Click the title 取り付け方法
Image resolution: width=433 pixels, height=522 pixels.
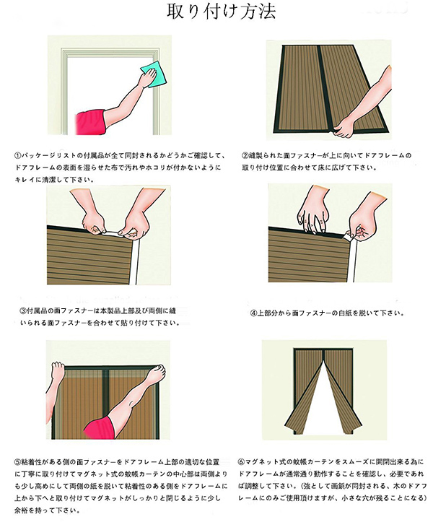pos(221,12)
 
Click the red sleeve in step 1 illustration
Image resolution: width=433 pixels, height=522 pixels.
pos(91,123)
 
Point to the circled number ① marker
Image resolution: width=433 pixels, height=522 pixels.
pos(18,155)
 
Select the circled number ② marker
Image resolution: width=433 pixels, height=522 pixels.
pos(245,155)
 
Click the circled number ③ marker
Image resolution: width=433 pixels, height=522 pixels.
pos(23,311)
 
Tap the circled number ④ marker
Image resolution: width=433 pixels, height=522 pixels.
pos(254,313)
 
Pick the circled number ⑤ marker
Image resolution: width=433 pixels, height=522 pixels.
pos(17,462)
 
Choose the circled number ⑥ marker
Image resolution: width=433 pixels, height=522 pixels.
pos(241,462)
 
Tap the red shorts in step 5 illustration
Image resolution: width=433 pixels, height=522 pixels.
pos(102,427)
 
